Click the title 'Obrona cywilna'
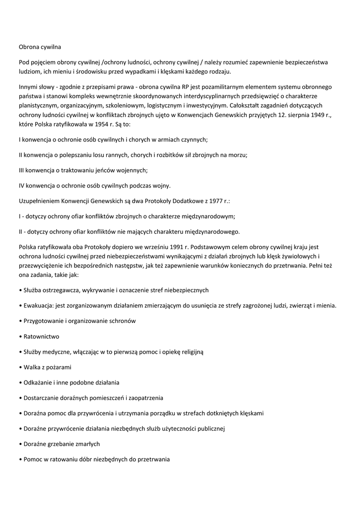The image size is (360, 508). coord(40,47)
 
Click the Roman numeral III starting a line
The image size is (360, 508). coord(22,170)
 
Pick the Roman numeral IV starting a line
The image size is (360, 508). coord(23,186)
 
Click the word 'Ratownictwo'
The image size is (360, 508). coord(41,336)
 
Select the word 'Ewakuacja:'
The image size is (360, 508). coord(39,306)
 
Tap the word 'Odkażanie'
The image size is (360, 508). coord(38,382)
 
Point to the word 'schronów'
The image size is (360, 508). coord(123,321)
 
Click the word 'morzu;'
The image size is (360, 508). coord(237,155)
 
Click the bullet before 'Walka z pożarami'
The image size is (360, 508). coord(20,367)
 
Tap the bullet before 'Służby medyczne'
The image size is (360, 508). coord(20,352)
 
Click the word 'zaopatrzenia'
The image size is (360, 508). coord(145,398)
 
